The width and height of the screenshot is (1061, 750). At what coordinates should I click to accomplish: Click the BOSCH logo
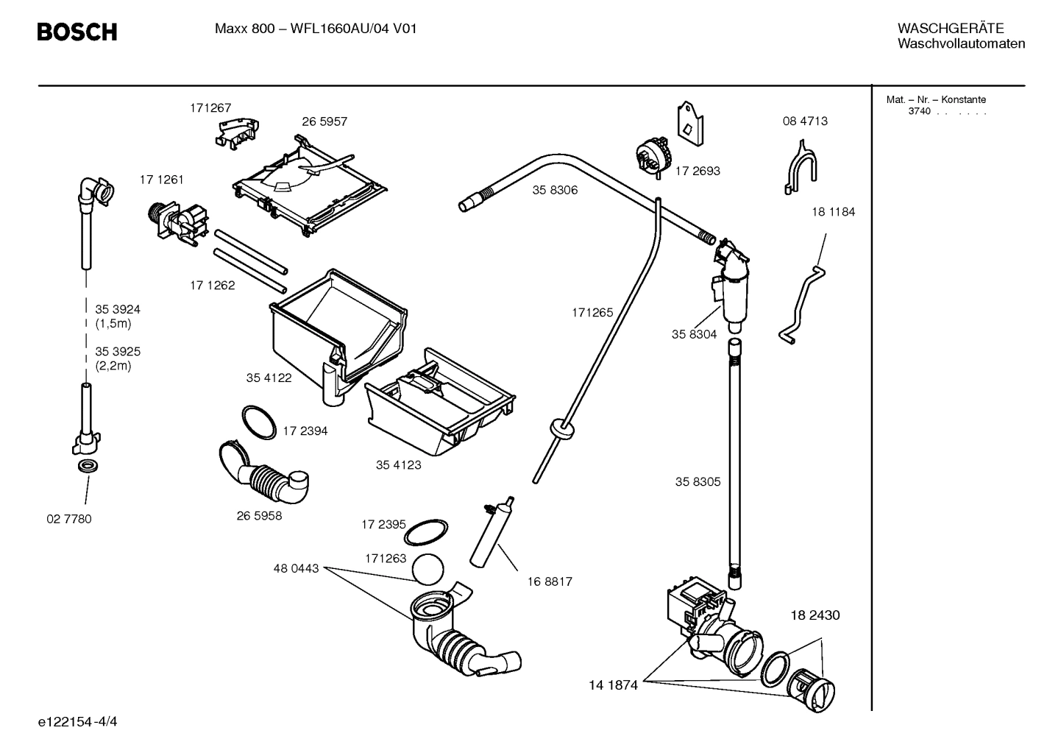pos(77,32)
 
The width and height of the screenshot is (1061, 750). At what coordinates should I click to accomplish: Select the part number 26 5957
pos(324,121)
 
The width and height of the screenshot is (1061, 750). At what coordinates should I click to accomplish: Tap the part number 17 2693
pos(698,171)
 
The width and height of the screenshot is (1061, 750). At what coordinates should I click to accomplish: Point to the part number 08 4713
pos(804,121)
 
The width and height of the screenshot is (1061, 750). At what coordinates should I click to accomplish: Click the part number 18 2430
pos(815,615)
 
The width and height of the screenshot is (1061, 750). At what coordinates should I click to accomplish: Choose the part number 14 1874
pos(612,685)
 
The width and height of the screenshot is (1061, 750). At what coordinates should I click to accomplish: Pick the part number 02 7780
pos(68,519)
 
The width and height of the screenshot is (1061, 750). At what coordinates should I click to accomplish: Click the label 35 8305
pos(698,482)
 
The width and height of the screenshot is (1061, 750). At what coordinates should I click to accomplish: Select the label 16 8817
pos(549,581)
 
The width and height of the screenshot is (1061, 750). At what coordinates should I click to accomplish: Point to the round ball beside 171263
pos(429,570)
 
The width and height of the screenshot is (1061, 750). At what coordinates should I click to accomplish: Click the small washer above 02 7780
pos(88,467)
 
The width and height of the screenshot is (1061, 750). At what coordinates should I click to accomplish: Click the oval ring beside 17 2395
pos(427,529)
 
